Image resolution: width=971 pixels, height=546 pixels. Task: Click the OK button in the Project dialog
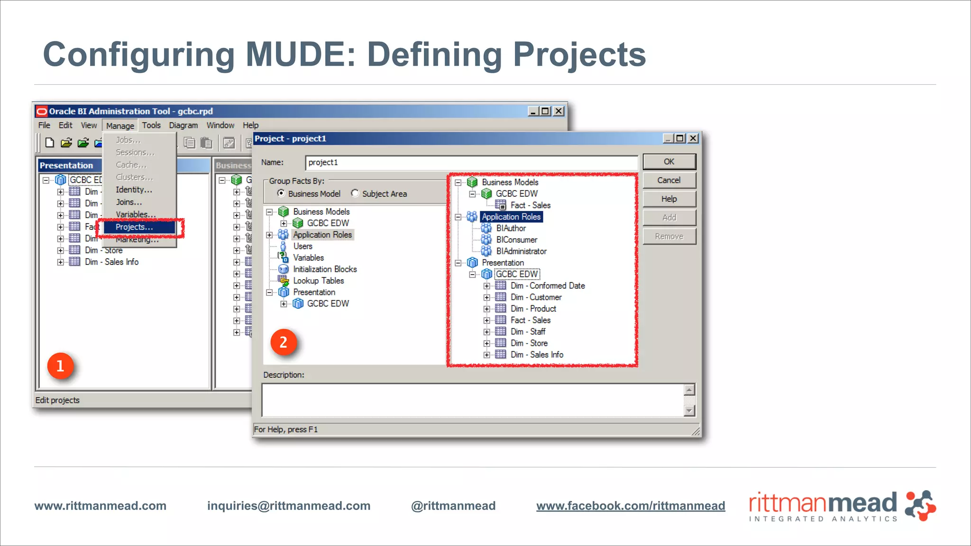tap(669, 162)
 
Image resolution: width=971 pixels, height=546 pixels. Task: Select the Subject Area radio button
tap(355, 193)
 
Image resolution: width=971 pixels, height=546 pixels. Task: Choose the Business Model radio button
tap(281, 193)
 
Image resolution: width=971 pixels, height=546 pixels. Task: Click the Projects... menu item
tap(134, 227)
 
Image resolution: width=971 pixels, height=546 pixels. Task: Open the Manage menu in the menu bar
tap(120, 126)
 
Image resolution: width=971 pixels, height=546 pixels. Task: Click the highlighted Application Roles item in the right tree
tap(511, 217)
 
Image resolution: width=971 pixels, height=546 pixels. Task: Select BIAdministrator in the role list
tap(521, 251)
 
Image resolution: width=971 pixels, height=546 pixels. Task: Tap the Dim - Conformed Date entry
tap(548, 286)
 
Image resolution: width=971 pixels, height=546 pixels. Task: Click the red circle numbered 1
tap(60, 366)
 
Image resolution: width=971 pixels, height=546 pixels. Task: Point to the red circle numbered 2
tap(284, 342)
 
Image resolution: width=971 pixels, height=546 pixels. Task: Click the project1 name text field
tap(471, 163)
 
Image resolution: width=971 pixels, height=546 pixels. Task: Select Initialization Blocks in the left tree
tap(325, 269)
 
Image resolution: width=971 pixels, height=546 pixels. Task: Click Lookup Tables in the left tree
tap(318, 281)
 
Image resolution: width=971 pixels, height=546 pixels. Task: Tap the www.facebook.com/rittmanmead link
tap(631, 506)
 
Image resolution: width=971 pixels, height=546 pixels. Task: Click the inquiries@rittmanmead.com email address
tap(289, 506)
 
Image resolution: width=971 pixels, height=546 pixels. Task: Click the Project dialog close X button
tap(693, 138)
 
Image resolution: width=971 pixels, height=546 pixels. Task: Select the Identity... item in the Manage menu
tap(134, 190)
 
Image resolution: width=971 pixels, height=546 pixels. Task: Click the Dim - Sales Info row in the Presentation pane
tap(112, 262)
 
